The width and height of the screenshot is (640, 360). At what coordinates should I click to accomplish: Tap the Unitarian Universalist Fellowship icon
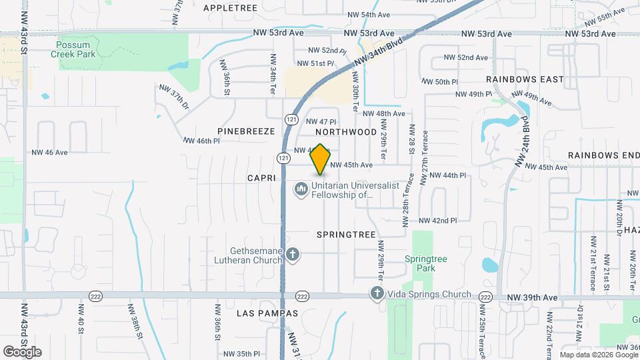[301, 190]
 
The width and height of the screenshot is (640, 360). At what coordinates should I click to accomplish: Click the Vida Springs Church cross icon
[377, 293]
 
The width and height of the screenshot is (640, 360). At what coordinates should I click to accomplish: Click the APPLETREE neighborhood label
[230, 7]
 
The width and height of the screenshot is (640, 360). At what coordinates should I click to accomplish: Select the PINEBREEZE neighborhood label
[245, 131]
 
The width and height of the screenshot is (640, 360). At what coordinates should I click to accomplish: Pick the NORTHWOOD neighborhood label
[351, 132]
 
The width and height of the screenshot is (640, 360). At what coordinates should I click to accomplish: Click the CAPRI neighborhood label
[261, 178]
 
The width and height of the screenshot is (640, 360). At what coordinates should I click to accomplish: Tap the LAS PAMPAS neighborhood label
[267, 313]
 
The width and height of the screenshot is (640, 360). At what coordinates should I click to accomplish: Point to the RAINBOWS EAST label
[525, 79]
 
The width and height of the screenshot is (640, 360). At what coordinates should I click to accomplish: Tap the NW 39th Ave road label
[531, 297]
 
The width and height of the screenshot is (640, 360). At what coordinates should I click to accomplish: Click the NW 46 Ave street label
[49, 153]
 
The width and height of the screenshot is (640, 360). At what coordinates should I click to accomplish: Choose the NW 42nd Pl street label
[437, 221]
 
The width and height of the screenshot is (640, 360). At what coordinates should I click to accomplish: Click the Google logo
[23, 351]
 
